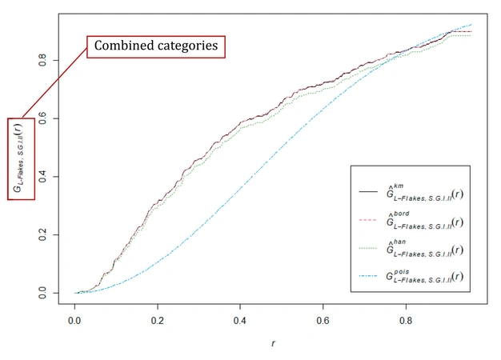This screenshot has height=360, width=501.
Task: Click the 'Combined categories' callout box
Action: point(156,46)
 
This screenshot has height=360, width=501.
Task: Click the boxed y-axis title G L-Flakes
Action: point(20,159)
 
